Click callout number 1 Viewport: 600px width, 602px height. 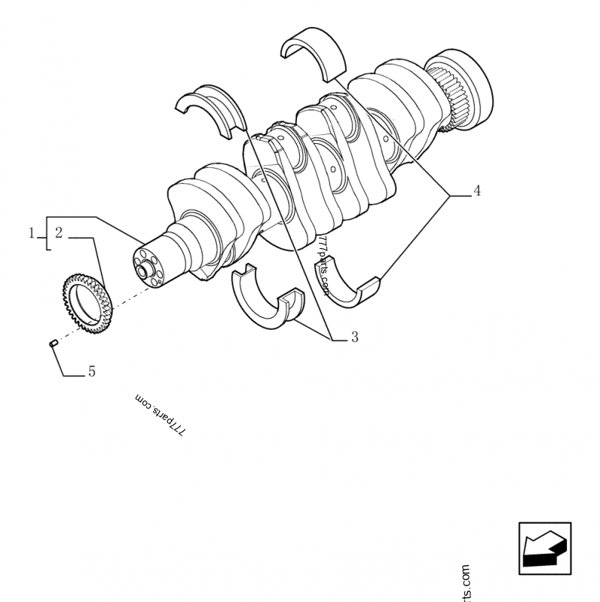point(32,233)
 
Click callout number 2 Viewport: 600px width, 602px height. point(58,233)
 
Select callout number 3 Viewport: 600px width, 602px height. point(354,337)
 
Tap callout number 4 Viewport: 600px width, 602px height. point(477,191)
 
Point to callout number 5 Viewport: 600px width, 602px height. point(91,371)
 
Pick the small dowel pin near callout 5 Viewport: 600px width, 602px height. point(53,344)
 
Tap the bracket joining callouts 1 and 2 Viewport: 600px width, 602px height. point(46,233)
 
